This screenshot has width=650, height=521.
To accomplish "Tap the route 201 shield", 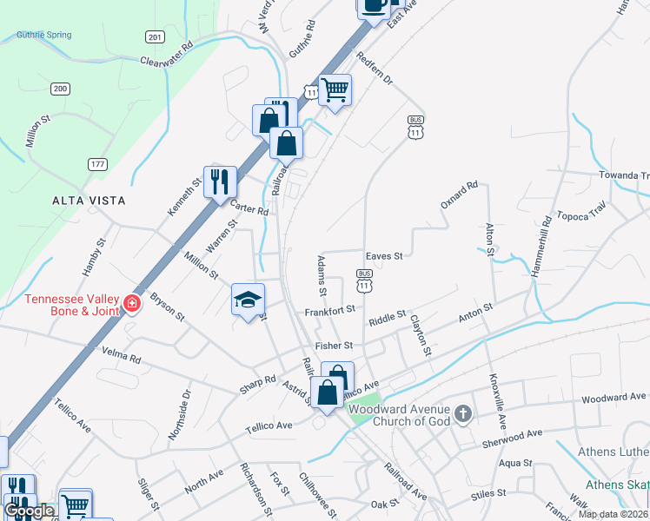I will click(x=155, y=36).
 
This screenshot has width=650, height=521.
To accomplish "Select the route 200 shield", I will click(x=60, y=89).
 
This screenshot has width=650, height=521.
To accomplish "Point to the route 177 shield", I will click(x=97, y=163).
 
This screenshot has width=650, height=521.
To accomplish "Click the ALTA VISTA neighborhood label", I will click(x=89, y=201).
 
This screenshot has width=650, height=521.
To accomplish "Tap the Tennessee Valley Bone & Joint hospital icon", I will click(x=131, y=303).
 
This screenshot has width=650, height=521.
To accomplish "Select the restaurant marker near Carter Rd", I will click(x=220, y=181).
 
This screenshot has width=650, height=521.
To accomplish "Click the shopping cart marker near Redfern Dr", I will click(x=335, y=89).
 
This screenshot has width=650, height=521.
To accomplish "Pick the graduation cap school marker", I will click(x=248, y=300).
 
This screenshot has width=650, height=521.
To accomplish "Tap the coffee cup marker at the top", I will click(x=374, y=5).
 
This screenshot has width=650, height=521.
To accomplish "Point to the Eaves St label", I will click(x=384, y=256).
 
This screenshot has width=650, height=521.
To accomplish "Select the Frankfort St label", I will click(x=329, y=310).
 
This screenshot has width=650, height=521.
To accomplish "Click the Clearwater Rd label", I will click(x=166, y=54).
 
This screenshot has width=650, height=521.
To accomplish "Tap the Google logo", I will click(x=30, y=511).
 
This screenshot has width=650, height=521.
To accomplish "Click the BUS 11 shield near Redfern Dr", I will click(x=415, y=127).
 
